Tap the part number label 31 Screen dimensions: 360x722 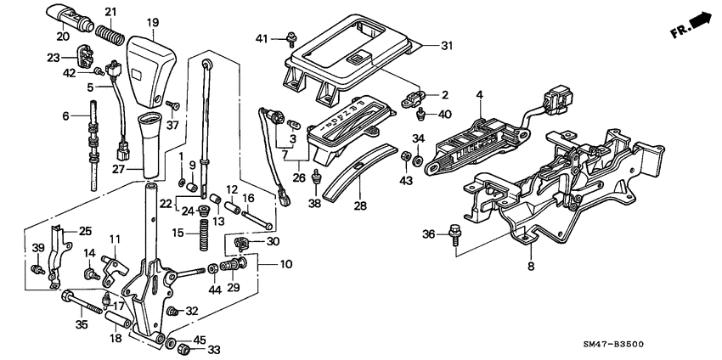[x=448, y=47]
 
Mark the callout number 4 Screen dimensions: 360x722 [x=480, y=97]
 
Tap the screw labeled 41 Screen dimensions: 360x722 [x=292, y=36]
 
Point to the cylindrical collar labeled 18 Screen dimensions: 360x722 [x=117, y=323]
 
